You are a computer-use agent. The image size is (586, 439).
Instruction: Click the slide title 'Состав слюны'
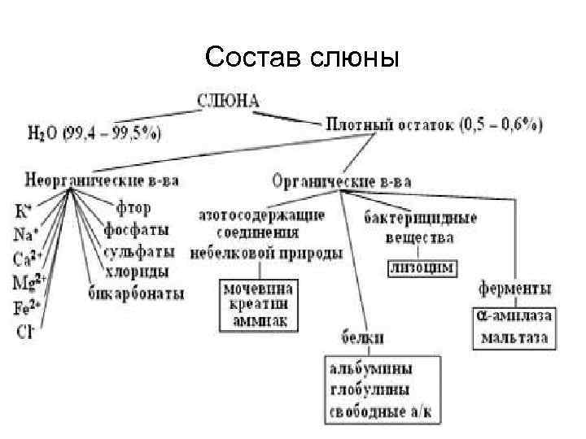tap(303, 57)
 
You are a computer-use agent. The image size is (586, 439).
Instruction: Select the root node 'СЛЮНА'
tap(229, 102)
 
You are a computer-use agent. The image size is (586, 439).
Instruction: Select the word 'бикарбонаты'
tap(136, 293)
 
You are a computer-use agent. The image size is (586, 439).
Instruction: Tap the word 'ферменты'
tap(514, 289)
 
